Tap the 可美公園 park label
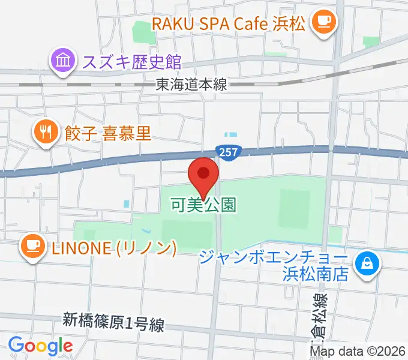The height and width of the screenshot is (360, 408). pyautogui.click(x=203, y=205)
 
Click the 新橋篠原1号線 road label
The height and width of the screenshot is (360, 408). pyautogui.click(x=113, y=323)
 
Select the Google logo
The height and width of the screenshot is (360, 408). pyautogui.click(x=40, y=346)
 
